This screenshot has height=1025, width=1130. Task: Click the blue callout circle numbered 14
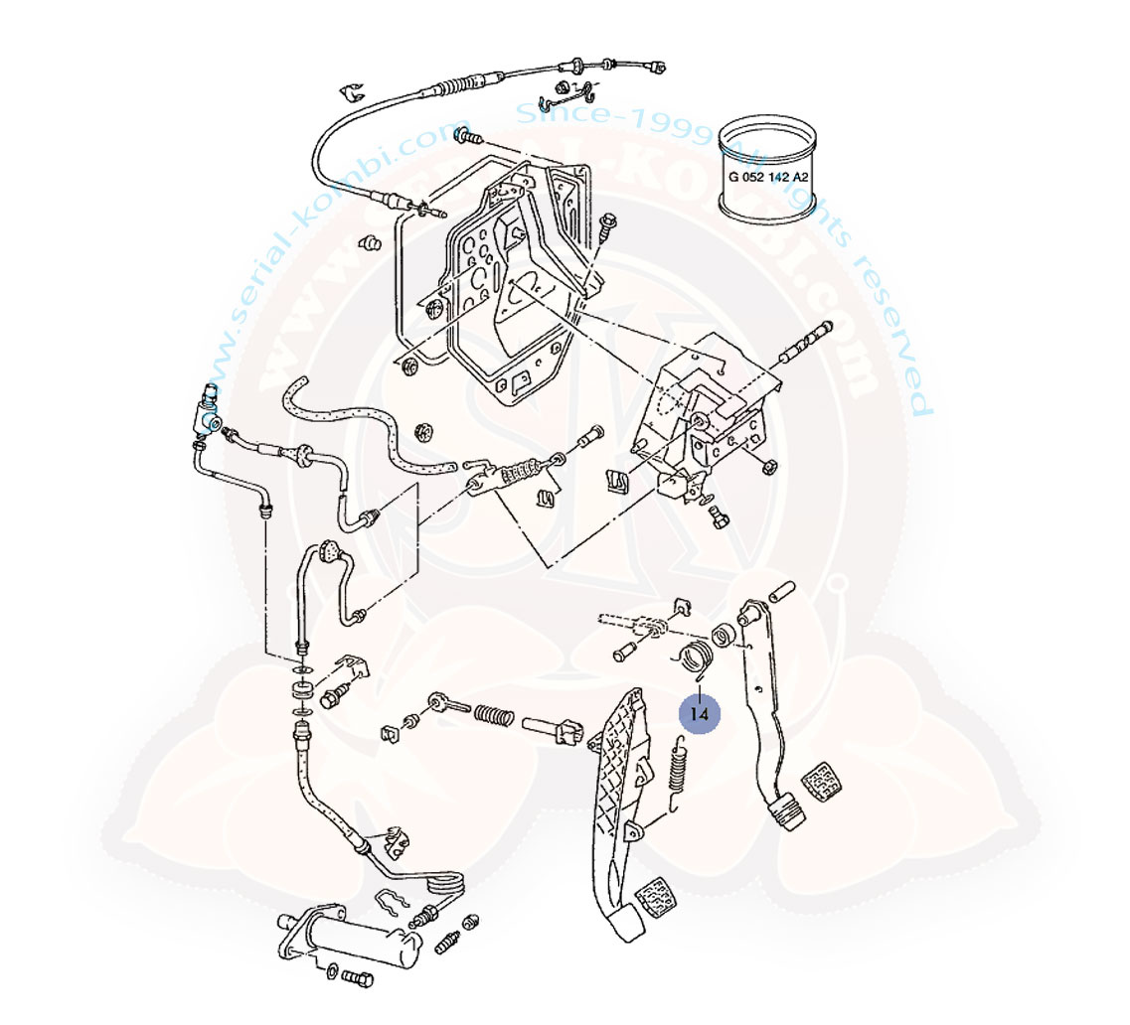pyautogui.click(x=699, y=712)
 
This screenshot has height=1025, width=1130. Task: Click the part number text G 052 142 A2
pyautogui.click(x=768, y=178)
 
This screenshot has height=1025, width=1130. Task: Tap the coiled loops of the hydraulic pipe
pyautogui.click(x=443, y=881)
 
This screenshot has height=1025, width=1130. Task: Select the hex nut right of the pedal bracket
pyautogui.click(x=768, y=466)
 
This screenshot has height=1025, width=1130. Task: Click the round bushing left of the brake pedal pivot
pyautogui.click(x=724, y=633)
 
